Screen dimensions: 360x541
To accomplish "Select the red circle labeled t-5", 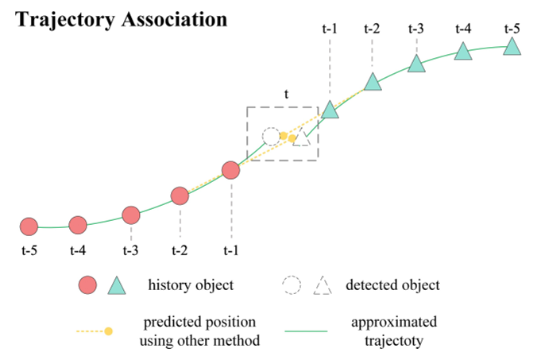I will [x=29, y=226].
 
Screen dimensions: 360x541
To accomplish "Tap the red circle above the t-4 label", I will [x=78, y=226].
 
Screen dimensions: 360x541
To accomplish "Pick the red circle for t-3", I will [x=131, y=215].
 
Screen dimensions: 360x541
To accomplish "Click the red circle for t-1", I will [x=230, y=170].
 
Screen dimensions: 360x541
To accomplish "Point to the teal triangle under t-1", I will [x=330, y=110].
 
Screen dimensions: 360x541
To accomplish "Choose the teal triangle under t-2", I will [x=372, y=81].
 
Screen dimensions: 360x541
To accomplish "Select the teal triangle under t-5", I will [x=512, y=48].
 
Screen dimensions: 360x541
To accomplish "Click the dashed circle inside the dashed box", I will [x=271, y=135].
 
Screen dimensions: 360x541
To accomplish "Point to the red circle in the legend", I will [x=88, y=285].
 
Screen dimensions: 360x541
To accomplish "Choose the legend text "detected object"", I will [x=392, y=285].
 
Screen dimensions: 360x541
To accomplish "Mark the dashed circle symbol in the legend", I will [x=292, y=285].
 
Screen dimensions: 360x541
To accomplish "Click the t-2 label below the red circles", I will [x=180, y=251].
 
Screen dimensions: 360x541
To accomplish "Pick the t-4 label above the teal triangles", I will [x=463, y=29].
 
